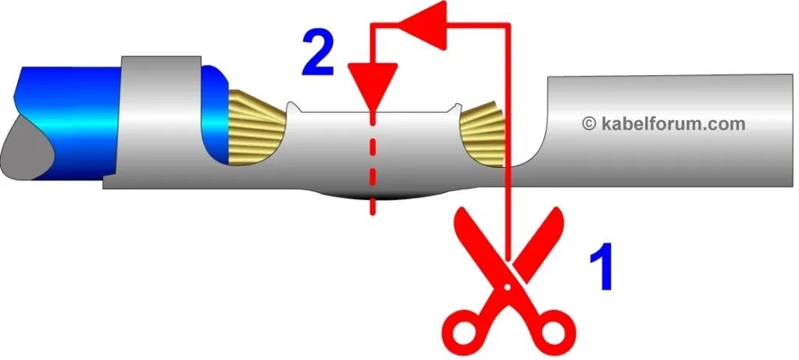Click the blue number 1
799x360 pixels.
(x=601, y=266)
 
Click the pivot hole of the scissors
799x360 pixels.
(x=507, y=287)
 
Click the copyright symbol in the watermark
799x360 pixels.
(x=589, y=123)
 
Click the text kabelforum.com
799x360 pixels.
(x=673, y=123)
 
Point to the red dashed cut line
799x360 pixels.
(x=373, y=163)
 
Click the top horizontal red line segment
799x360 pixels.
(x=441, y=24)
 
